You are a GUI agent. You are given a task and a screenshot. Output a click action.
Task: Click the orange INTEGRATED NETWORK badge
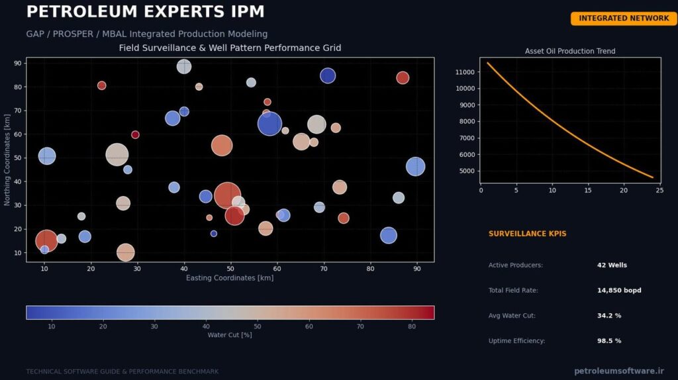(624, 18)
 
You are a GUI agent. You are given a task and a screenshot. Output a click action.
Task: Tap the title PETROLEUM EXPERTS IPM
(145, 12)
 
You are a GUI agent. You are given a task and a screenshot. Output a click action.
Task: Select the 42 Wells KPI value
(612, 265)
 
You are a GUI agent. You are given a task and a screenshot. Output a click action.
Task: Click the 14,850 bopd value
(619, 290)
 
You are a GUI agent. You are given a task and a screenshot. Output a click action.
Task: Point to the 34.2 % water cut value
(609, 316)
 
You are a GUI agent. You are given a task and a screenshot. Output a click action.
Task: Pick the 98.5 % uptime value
(609, 341)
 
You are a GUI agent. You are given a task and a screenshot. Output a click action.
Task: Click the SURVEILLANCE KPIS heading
(527, 234)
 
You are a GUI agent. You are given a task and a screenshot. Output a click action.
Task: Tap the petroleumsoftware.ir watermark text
(619, 371)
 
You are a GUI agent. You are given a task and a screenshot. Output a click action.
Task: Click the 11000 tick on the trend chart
(465, 72)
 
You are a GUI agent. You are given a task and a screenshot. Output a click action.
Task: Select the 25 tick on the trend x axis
(659, 190)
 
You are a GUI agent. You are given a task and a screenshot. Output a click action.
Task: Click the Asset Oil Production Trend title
(570, 51)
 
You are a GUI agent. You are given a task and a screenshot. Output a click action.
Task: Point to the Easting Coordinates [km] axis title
(230, 278)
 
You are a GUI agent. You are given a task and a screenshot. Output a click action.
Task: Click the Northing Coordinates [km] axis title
(7, 160)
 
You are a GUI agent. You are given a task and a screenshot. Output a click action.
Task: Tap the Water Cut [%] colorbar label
(230, 334)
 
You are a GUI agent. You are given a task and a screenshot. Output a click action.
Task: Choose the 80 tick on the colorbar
(412, 326)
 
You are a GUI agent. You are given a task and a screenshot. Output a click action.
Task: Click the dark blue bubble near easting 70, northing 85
(328, 75)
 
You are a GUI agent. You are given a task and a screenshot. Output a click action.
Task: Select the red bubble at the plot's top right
(403, 78)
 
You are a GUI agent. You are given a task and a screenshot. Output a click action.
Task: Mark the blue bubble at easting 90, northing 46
(416, 166)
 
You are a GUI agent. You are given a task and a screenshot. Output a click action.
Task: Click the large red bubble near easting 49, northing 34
(227, 195)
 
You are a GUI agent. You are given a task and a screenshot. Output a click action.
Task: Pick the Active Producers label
(515, 265)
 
